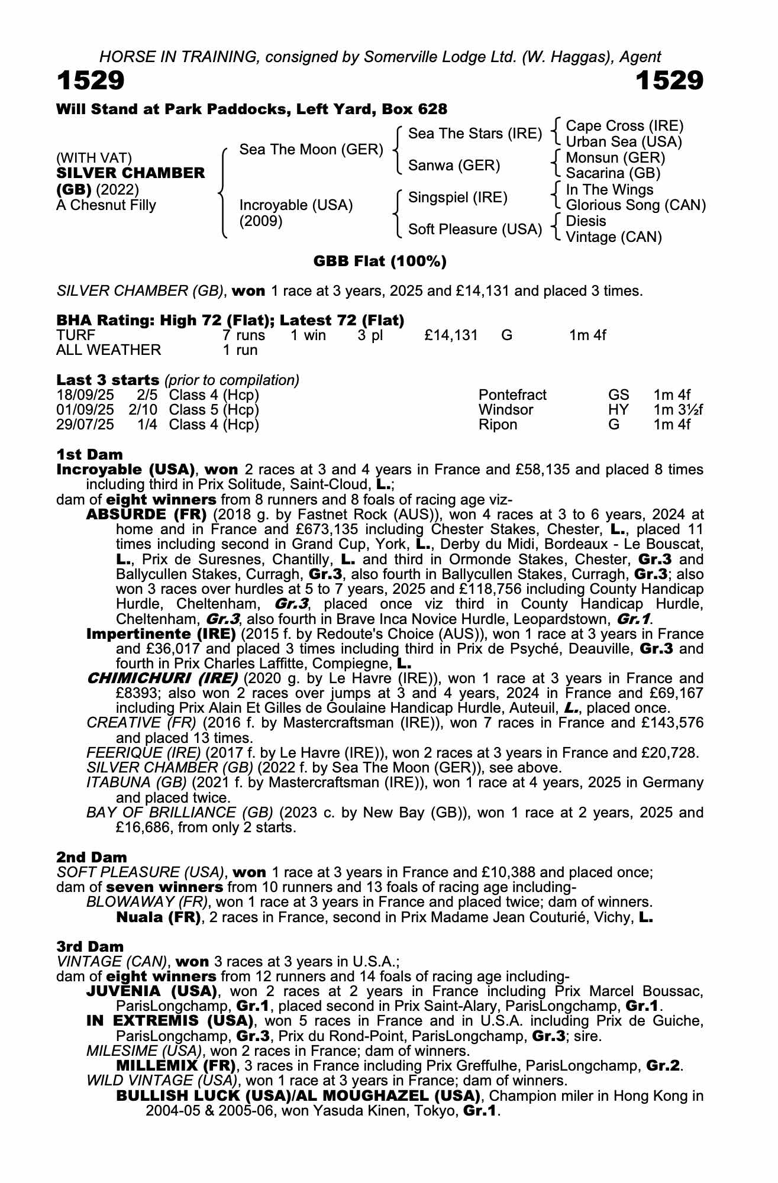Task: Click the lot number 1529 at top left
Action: [x=91, y=80]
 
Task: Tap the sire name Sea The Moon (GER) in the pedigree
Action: [x=311, y=150]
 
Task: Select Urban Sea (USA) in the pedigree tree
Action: [x=624, y=142]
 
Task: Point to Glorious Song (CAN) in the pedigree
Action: [x=636, y=205]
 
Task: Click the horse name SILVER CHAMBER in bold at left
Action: [x=131, y=173]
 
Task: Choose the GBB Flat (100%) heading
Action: [x=380, y=261]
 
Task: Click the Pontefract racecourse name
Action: [x=512, y=395]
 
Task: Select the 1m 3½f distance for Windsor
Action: [x=678, y=410]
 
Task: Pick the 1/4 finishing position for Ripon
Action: [x=147, y=425]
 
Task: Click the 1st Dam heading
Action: [x=89, y=454]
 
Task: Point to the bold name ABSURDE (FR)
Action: [x=147, y=514]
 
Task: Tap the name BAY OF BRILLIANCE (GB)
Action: [x=180, y=812]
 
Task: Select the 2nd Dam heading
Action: [x=92, y=857]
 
